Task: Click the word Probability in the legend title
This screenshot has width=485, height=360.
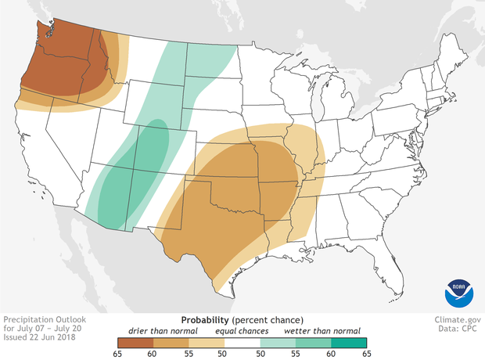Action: [x=206, y=320]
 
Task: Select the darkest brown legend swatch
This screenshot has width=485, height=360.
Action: [x=135, y=342]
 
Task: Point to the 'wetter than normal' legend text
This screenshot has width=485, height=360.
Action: [x=317, y=330]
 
